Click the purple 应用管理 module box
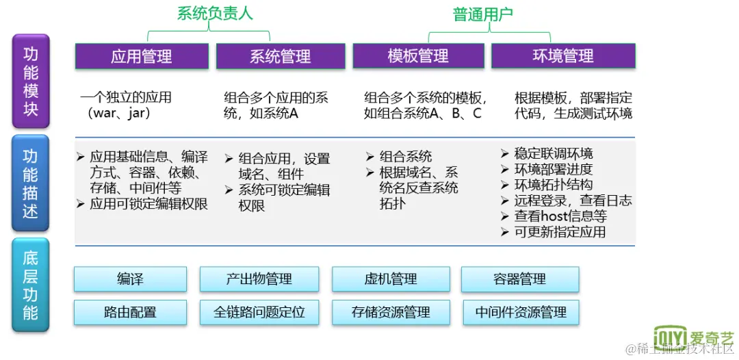(x=142, y=56)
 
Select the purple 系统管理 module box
(x=280, y=56)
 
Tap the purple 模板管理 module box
(x=417, y=56)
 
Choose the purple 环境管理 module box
(x=563, y=56)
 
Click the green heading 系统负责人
(x=214, y=13)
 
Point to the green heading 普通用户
(x=482, y=14)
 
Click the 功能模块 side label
(x=31, y=81)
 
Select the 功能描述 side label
(x=31, y=184)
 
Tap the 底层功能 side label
(x=31, y=285)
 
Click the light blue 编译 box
(x=130, y=279)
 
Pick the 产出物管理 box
(x=259, y=279)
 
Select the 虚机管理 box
(x=391, y=279)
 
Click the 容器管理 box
(x=519, y=279)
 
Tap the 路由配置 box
(x=130, y=312)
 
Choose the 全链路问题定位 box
(x=259, y=312)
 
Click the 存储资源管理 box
(x=391, y=312)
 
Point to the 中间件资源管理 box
(x=521, y=312)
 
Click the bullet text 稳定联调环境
(x=553, y=154)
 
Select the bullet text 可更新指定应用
(x=560, y=232)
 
